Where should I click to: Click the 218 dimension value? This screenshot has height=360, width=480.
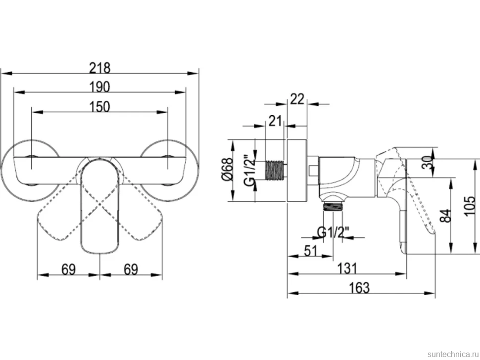[x=99, y=68]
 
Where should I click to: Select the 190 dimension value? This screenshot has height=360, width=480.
[x=100, y=87]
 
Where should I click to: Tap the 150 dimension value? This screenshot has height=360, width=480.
[x=100, y=107]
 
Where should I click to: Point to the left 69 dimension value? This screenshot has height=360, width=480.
[x=68, y=270]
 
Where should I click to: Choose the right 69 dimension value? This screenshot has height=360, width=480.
[x=131, y=270]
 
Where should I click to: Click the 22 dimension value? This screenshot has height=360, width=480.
[x=297, y=99]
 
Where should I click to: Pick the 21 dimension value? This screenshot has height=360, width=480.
[x=275, y=121]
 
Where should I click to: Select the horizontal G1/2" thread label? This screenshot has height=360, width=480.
[x=333, y=233]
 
